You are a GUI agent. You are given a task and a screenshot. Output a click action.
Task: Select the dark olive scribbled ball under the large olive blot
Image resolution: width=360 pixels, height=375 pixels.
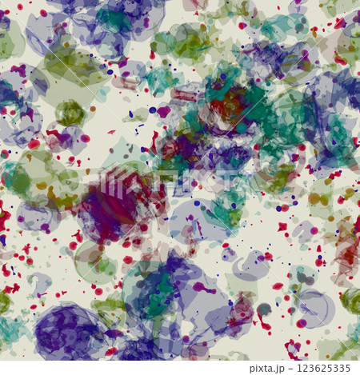tap(70, 113)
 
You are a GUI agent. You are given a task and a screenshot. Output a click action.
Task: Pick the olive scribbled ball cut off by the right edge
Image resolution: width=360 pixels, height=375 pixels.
tap(351, 301)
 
